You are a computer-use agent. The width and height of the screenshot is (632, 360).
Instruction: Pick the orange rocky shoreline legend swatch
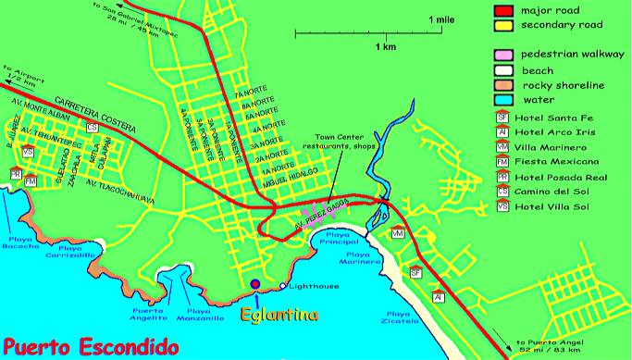click(504, 84)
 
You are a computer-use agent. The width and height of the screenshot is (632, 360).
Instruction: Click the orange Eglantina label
click(279, 316)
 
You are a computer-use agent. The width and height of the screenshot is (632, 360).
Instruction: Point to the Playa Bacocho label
click(25, 246)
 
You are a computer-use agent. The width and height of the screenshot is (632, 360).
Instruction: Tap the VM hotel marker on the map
click(398, 236)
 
